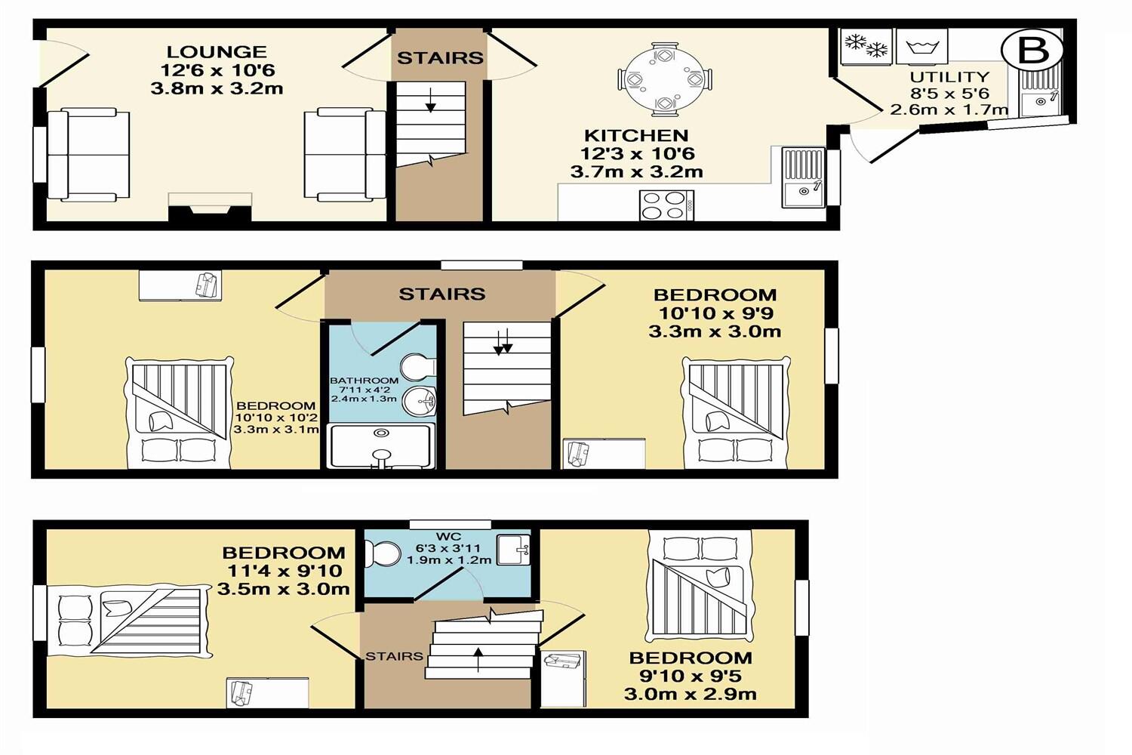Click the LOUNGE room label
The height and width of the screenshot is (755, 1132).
point(217,52)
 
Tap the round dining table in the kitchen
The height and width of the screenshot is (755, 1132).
point(664,79)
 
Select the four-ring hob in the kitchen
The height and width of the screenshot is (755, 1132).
point(666,205)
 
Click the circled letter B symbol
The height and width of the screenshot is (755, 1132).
point(1032,51)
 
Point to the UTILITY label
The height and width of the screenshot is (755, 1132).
point(949,77)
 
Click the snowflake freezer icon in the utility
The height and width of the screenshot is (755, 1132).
point(866,46)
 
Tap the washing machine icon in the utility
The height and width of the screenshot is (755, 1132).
point(921,48)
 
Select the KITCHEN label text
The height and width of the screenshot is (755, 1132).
point(636,136)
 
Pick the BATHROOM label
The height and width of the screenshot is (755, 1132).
point(364,381)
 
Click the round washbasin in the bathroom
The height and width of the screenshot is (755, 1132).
point(419,401)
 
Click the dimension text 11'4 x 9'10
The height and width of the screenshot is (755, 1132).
point(283,572)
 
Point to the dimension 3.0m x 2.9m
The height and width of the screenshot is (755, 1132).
point(690,694)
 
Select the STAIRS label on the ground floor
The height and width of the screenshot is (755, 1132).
point(440,58)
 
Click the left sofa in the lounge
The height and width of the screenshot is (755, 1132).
point(88,155)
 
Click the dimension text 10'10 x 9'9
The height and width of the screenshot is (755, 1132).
point(715,313)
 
